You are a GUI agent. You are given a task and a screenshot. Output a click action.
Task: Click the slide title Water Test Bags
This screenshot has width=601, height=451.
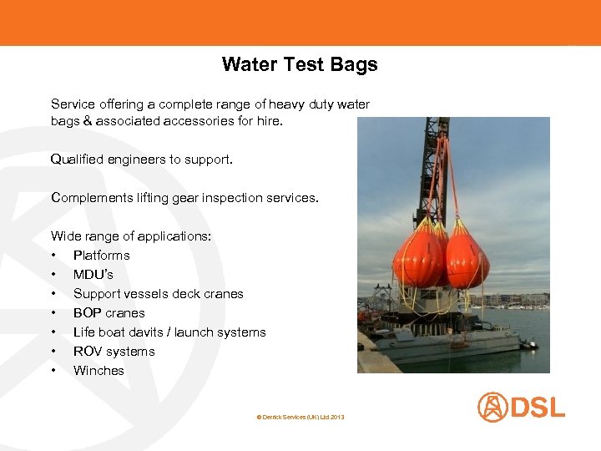(x=300, y=64)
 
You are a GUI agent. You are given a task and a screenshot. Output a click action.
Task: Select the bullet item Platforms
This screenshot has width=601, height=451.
(x=101, y=256)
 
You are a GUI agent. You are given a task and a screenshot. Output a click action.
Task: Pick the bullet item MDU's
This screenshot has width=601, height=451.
(x=93, y=275)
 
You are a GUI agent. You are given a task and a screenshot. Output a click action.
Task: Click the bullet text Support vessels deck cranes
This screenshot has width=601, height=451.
(x=158, y=294)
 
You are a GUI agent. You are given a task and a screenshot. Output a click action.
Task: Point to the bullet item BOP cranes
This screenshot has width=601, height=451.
(x=109, y=313)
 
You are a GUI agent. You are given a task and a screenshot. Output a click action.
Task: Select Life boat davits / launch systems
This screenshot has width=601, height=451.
(x=169, y=332)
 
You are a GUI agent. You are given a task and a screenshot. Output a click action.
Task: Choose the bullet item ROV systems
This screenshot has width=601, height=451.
(x=114, y=352)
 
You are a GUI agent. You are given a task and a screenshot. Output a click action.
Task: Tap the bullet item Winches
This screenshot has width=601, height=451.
(x=98, y=371)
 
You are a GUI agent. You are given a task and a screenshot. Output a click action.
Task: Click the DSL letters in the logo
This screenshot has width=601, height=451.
(x=537, y=408)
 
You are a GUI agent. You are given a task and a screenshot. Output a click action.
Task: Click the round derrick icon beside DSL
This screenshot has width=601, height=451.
(x=492, y=408)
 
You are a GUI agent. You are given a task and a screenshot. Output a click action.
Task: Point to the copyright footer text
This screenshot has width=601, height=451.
(x=300, y=416)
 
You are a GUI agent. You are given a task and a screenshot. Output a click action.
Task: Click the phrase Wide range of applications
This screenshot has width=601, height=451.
(x=131, y=236)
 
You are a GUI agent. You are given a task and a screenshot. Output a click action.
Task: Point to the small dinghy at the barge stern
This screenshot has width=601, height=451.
(x=528, y=343)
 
